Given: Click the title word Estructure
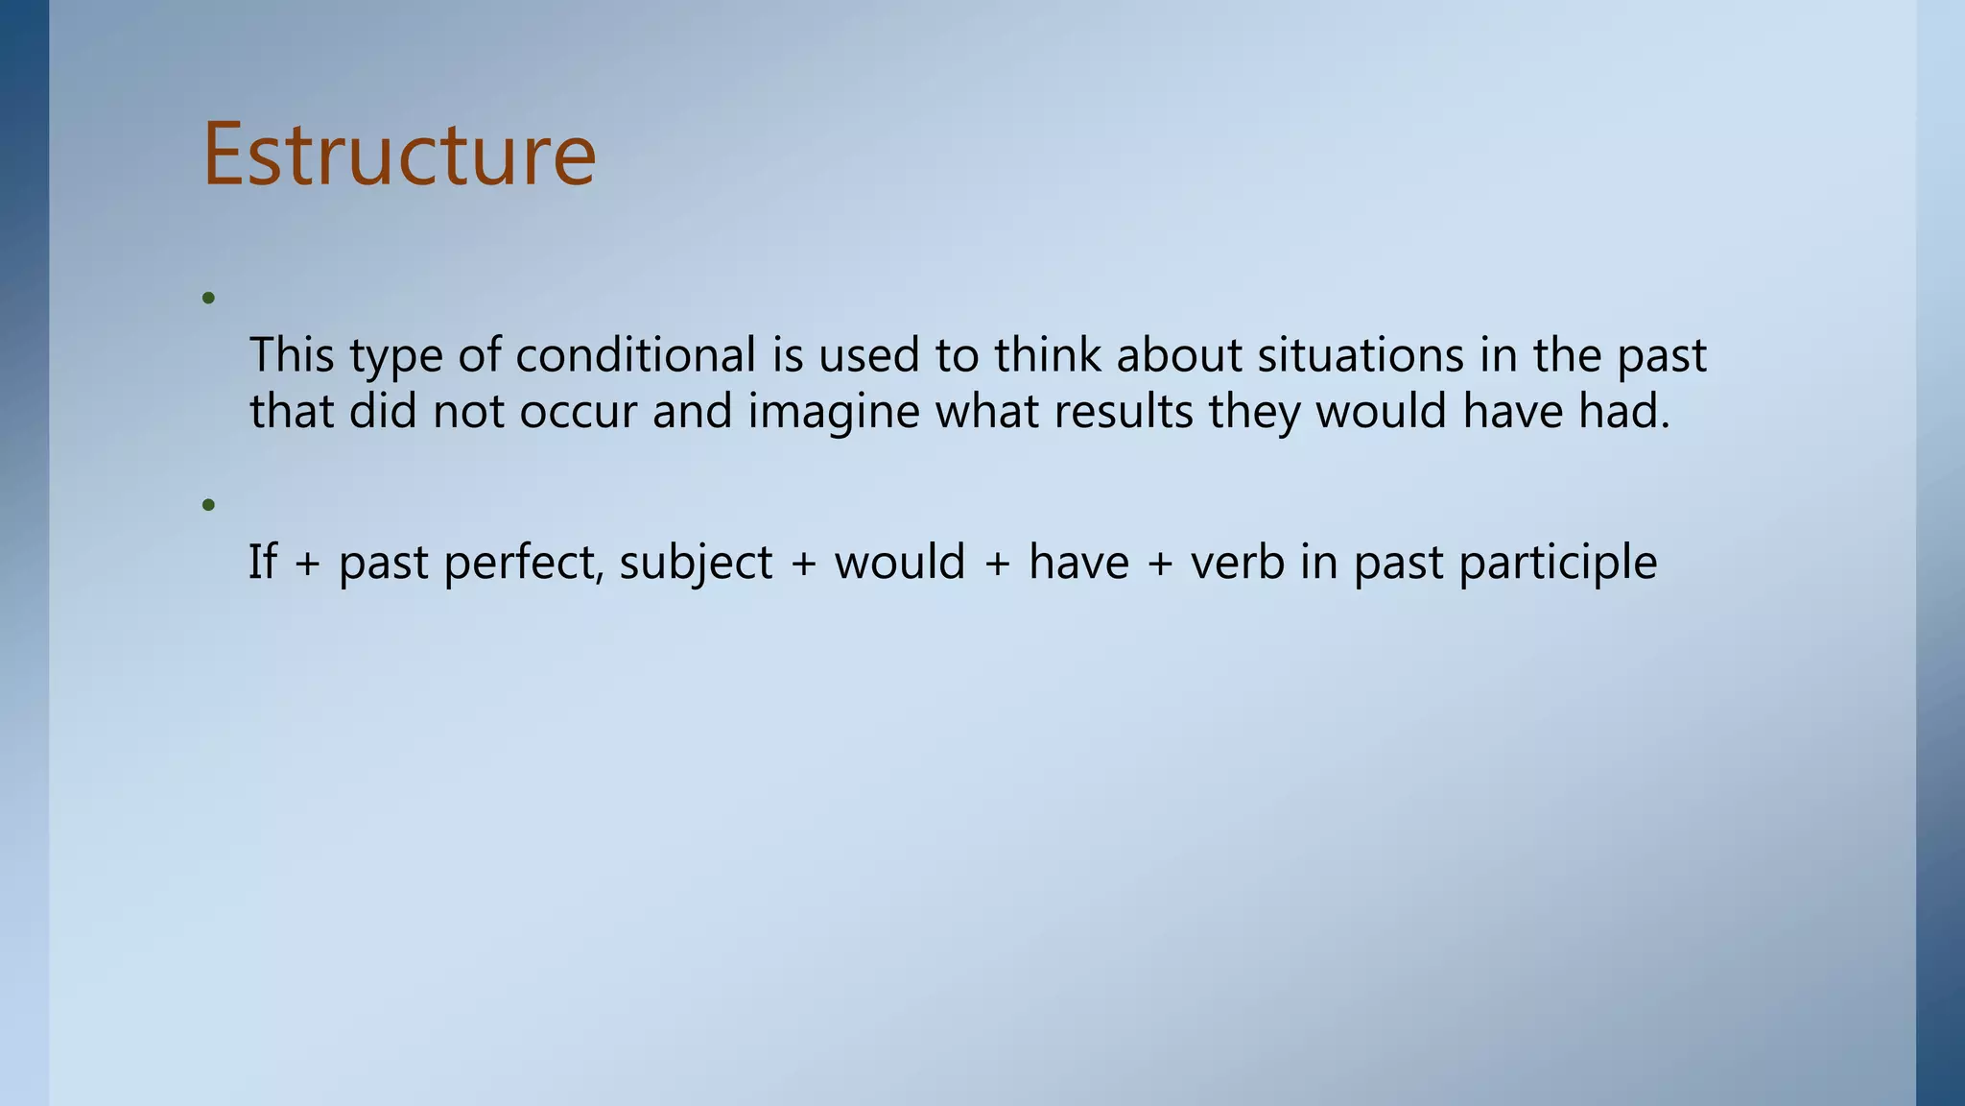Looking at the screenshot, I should click(x=399, y=155).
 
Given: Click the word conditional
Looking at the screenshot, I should click(x=636, y=355).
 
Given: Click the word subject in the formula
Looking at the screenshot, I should click(x=696, y=564).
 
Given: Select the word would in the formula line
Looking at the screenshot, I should click(x=899, y=562).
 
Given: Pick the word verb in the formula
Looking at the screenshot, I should click(x=1238, y=562).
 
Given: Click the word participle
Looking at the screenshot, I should click(x=1557, y=564).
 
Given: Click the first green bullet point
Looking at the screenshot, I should click(x=208, y=299).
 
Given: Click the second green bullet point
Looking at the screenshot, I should click(x=208, y=505).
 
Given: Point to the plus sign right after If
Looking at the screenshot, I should click(x=307, y=564).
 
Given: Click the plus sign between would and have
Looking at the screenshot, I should click(x=997, y=564).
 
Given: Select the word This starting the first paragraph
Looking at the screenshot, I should click(x=292, y=355).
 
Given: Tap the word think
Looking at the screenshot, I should click(x=1048, y=355).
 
